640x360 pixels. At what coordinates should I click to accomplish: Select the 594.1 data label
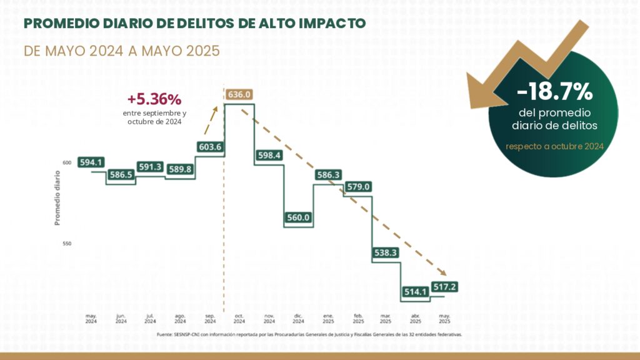91,162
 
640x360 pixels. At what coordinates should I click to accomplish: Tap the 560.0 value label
299,217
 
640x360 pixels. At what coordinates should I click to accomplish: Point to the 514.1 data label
416,291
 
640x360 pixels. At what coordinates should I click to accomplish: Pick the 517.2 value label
445,287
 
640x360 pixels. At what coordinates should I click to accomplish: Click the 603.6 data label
210,147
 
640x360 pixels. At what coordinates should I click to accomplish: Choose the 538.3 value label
386,253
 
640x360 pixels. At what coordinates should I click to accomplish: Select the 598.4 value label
269,155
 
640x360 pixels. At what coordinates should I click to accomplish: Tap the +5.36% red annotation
154,99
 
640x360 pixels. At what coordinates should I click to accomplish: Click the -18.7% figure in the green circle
554,92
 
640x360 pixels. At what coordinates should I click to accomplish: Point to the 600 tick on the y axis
66,163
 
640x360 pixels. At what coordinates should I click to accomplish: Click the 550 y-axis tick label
66,243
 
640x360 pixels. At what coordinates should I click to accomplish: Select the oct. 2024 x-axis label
239,319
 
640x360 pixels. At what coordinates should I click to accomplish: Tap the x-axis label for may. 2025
445,319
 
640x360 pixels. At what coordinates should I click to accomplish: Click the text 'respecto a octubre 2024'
554,146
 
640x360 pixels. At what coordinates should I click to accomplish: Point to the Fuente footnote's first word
164,335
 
